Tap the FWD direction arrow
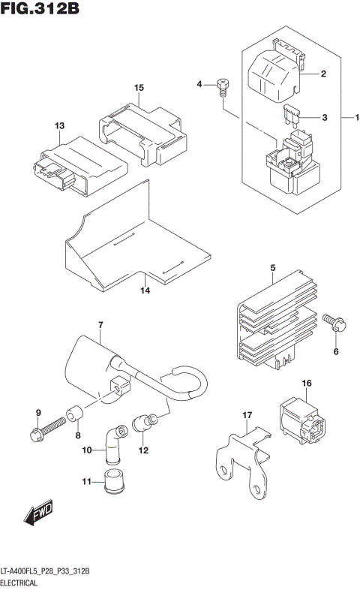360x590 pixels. point(37,513)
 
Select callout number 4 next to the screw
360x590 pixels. point(200,84)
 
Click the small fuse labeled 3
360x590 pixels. point(289,116)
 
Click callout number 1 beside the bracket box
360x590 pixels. point(356,117)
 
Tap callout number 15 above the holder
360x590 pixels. point(139,88)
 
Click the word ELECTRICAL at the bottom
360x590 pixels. point(23,582)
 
